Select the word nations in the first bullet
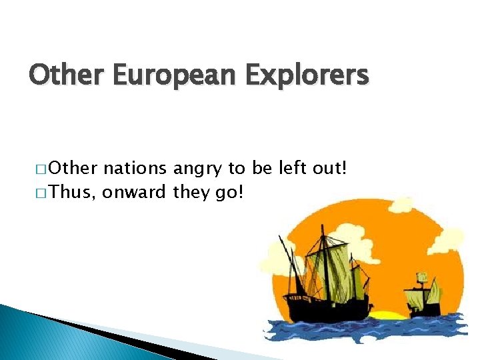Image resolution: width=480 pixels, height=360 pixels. (137, 168)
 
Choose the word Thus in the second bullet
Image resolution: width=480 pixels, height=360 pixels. (73, 193)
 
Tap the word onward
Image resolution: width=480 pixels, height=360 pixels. (136, 193)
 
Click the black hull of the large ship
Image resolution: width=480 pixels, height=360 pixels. (327, 307)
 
